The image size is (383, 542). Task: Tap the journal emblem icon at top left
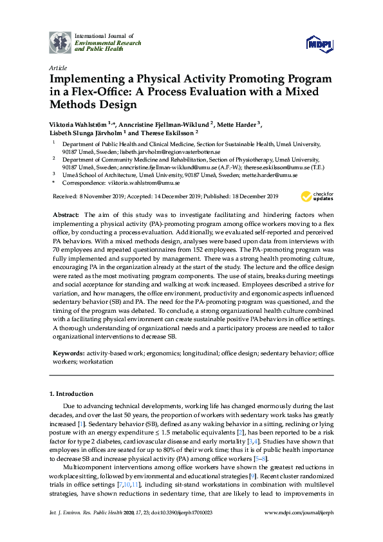tap(61, 41)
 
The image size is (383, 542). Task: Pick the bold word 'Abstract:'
tap(66, 214)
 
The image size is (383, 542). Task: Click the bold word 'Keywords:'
tap(68, 353)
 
